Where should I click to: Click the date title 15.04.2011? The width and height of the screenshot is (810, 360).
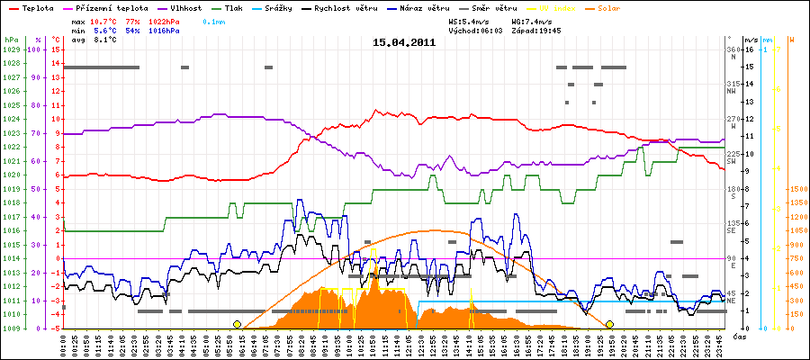tap(405, 41)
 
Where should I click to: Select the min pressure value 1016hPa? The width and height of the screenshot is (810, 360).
tap(166, 30)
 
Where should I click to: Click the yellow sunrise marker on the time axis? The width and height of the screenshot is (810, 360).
tap(237, 324)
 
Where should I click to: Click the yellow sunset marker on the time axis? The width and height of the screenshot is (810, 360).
tap(609, 324)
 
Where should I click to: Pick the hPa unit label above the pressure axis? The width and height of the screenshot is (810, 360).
tap(11, 40)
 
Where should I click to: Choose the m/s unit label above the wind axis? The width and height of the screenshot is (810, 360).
tap(751, 40)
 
